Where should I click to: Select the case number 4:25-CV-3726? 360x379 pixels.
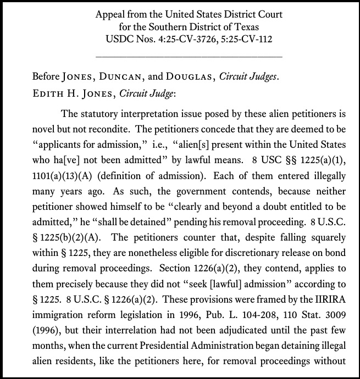click(182, 39)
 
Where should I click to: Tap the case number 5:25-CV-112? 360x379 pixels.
click(244, 39)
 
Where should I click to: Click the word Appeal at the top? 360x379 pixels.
click(112, 14)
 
